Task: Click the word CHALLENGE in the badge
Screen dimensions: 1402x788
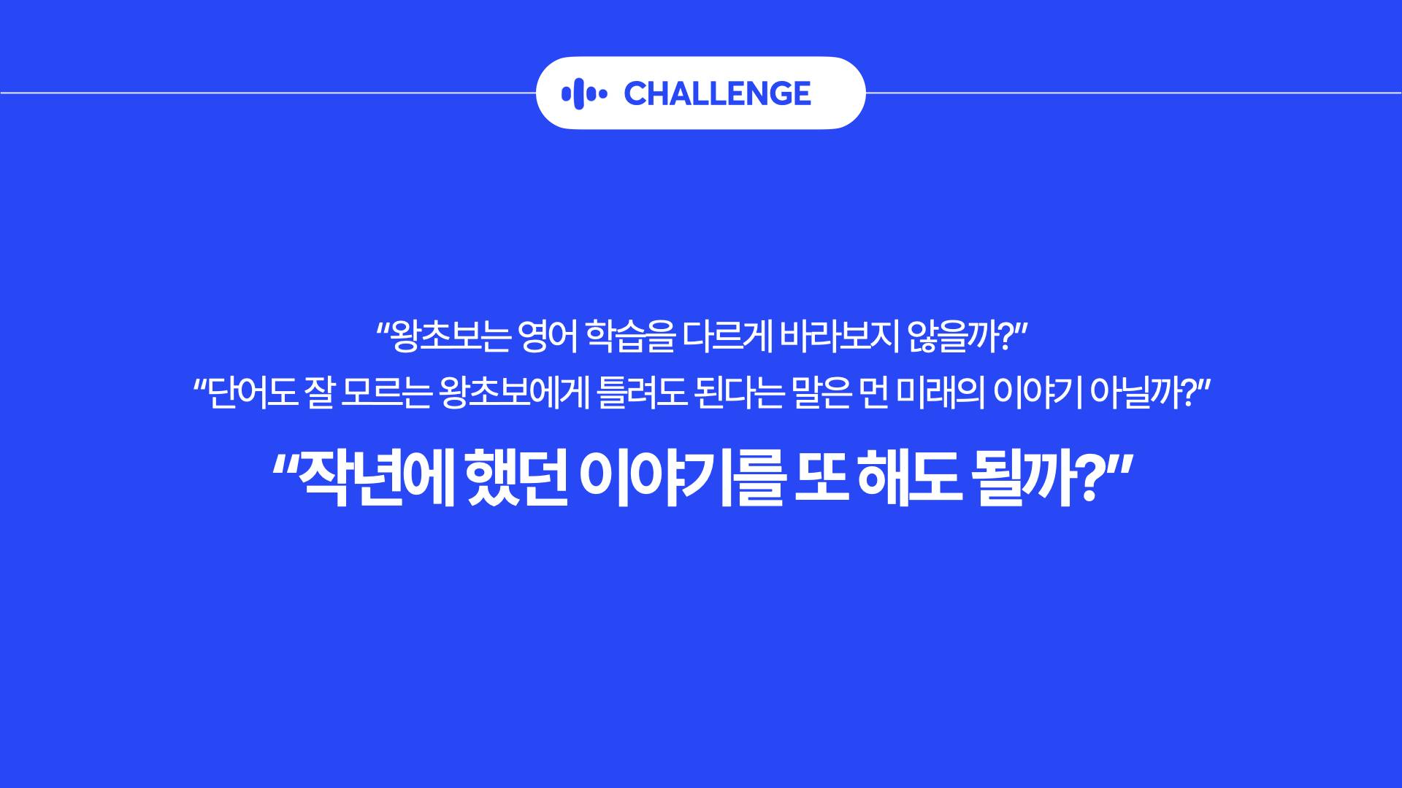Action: click(717, 93)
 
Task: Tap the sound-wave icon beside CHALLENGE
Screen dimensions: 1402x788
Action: click(584, 93)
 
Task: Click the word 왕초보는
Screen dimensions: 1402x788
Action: click(443, 337)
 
